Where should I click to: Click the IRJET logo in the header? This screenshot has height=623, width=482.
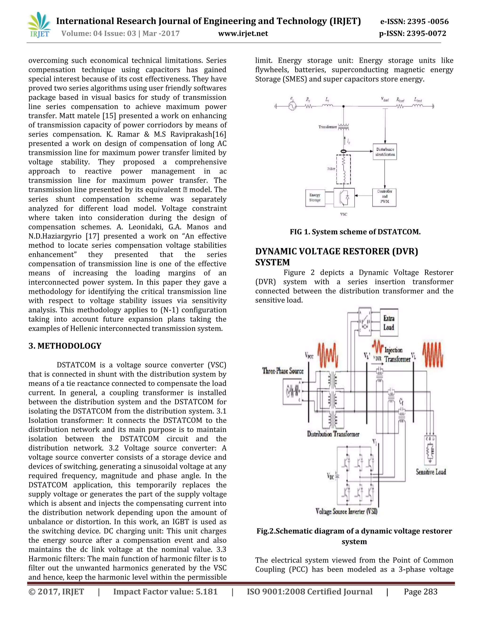point(39,25)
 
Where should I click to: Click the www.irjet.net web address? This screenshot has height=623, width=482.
point(243,34)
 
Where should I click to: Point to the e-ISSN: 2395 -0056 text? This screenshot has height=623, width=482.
point(414,21)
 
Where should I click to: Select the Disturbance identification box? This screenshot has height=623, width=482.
point(385,152)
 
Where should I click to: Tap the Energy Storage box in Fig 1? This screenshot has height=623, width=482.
point(315,198)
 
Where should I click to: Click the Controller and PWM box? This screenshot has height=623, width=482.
point(384,197)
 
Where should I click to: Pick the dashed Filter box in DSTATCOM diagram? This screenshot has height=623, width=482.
point(344,169)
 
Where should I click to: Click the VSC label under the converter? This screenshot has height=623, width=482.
point(344,214)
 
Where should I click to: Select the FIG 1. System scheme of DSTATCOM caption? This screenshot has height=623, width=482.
point(355,232)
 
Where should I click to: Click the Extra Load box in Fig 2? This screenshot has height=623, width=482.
point(389,323)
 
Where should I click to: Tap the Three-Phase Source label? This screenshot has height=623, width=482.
point(283,371)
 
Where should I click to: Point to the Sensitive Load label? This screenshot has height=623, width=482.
point(431,472)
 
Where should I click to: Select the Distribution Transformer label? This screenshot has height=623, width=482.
point(333,434)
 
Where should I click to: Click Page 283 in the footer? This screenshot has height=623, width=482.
point(420,592)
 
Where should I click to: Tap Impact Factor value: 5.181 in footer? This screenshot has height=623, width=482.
point(165,592)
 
